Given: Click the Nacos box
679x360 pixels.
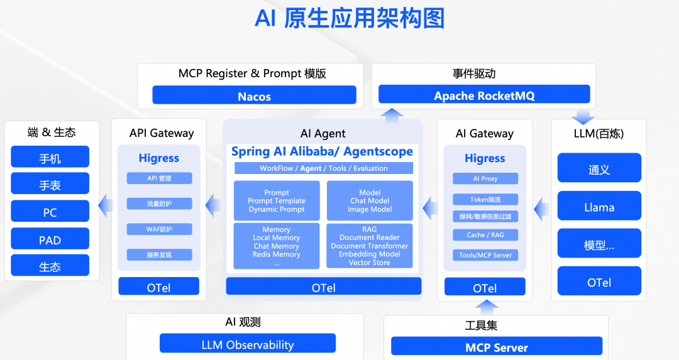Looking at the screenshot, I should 254,95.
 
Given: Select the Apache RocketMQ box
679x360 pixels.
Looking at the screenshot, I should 484,95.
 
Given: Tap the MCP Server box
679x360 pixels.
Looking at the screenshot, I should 497,347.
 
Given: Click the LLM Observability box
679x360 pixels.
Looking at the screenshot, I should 248,344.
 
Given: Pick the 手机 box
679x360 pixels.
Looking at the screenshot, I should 50,158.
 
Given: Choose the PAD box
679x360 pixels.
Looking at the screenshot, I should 50,239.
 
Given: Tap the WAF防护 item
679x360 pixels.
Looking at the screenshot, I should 159,229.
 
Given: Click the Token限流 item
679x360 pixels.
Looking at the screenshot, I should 485,199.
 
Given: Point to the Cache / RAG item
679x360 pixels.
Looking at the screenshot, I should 485,235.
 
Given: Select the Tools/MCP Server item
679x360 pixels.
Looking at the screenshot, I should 485,255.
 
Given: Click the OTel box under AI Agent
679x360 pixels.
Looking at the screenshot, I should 323,287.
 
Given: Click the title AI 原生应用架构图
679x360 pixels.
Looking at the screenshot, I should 350,18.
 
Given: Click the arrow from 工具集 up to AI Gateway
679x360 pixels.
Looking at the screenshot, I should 485,307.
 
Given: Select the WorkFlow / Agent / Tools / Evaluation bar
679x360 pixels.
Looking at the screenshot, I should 323,168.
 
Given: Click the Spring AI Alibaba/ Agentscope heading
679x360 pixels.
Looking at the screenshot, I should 322,151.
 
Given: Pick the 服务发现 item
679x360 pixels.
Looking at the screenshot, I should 159,254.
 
